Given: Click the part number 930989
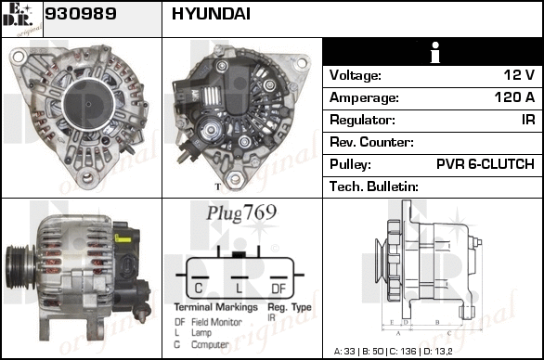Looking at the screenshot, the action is pyautogui.click(x=81, y=14).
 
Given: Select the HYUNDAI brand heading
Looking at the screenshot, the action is pyautogui.click(x=211, y=14).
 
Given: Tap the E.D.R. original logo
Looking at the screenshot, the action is pyautogui.click(x=22, y=19).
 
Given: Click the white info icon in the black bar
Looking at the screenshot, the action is pyautogui.click(x=435, y=52).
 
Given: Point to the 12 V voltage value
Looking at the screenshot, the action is pyautogui.click(x=519, y=75).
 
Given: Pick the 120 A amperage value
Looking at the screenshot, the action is pyautogui.click(x=514, y=97).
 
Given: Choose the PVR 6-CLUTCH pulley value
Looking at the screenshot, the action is pyautogui.click(x=486, y=164).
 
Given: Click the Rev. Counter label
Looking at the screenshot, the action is pyautogui.click(x=371, y=142).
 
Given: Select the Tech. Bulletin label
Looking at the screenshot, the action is pyautogui.click(x=374, y=186).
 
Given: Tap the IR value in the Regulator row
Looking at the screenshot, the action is pyautogui.click(x=528, y=120).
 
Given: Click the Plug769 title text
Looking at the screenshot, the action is pyautogui.click(x=241, y=212).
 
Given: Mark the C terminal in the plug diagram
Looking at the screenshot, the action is pyautogui.click(x=199, y=289).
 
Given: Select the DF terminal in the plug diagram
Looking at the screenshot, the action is pyautogui.click(x=278, y=289).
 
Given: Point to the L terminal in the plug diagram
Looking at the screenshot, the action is pyautogui.click(x=239, y=289).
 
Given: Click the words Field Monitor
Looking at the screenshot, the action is pyautogui.click(x=217, y=322).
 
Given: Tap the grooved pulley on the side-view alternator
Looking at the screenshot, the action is pyautogui.click(x=19, y=266).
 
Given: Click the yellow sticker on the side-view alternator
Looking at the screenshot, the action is pyautogui.click(x=123, y=238).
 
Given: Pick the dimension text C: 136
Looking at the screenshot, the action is pyautogui.click(x=403, y=352).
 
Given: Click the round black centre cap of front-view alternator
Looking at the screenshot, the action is pyautogui.click(x=89, y=105).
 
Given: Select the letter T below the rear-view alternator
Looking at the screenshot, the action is pyautogui.click(x=218, y=186).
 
